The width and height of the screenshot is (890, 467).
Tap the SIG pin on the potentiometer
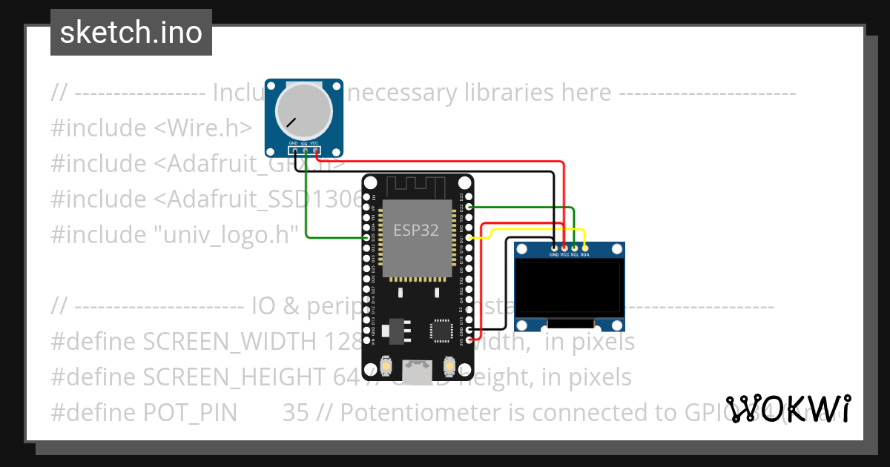(305, 150)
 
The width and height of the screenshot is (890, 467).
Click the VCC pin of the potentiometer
(315, 150)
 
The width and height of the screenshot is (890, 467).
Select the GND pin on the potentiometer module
(294, 150)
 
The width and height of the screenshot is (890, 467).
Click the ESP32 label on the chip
(415, 231)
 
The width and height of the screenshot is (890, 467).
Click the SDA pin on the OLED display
(585, 247)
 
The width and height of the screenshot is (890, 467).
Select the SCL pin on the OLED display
(575, 247)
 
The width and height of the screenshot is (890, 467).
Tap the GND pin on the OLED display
(554, 247)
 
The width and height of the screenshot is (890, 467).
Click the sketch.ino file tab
(131, 33)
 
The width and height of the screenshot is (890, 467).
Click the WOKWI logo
(788, 408)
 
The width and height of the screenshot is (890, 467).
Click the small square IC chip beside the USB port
(441, 331)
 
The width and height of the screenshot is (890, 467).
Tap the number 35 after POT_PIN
(295, 413)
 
